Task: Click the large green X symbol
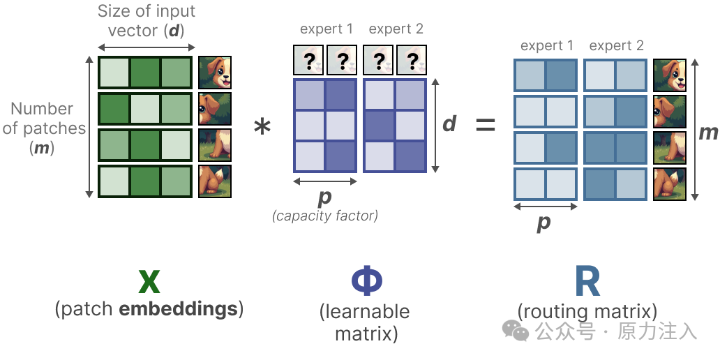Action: pos(149,281)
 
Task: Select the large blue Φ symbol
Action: pos(366,281)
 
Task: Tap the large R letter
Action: pos(587,281)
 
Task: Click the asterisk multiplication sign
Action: pos(262,128)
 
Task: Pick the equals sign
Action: pos(486,126)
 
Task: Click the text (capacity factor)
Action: pos(325,216)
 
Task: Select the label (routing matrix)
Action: pos(587,311)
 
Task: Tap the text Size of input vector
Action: pos(147,21)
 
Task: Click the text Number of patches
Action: pos(42,119)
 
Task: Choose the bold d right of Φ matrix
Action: pos(449,123)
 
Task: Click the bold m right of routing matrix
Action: pos(708,132)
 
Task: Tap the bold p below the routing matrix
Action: pos(543,222)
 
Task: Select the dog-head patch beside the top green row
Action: pos(214,73)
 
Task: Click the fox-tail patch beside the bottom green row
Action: pos(214,181)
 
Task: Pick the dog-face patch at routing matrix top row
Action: pos(669,76)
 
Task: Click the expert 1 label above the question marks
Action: pos(326,29)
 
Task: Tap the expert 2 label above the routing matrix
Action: pos(616,46)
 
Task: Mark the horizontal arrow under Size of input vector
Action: pos(146,47)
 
